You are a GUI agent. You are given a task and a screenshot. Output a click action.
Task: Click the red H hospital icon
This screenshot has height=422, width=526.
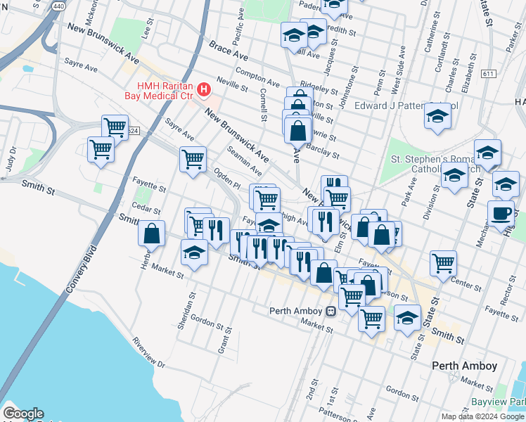click(x=204, y=89)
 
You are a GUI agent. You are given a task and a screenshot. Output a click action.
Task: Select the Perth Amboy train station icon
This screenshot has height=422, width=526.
click(x=331, y=311)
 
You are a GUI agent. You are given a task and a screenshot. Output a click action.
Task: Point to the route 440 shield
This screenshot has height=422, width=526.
click(x=58, y=5)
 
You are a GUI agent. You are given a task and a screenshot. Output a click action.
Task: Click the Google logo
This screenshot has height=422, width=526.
click(x=23, y=414)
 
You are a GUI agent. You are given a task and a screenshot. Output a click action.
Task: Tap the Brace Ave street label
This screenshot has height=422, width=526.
click(x=229, y=51)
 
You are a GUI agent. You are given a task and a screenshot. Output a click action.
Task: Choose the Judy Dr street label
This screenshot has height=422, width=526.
click(x=11, y=158)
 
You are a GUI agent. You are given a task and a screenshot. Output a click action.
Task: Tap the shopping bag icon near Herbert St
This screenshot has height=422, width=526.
click(x=151, y=234)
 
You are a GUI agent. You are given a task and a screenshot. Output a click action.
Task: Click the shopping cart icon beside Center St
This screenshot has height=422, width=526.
click(x=443, y=264)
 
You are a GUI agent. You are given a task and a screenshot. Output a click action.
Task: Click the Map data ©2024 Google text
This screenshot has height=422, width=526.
click(x=482, y=416)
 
